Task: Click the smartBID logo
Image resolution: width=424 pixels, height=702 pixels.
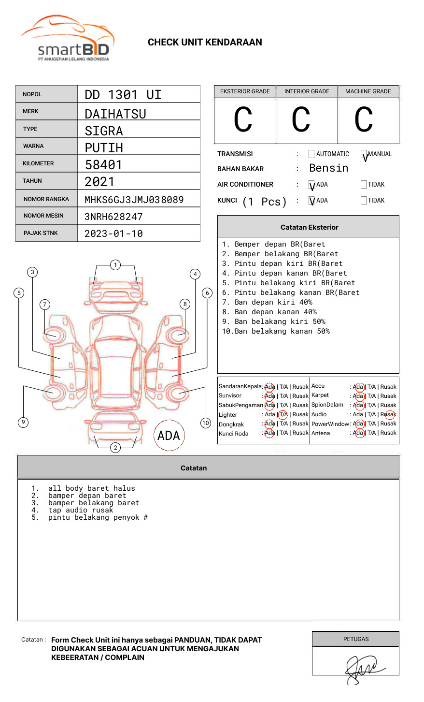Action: pos(68,39)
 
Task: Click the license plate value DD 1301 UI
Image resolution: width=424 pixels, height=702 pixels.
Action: pos(123,95)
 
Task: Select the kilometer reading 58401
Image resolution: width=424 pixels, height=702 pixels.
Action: pos(103,165)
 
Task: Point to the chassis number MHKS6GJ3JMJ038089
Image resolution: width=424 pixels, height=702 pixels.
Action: pos(134,200)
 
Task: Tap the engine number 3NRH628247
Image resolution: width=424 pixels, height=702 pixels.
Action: pos(113,217)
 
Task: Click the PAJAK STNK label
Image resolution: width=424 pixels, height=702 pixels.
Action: pos(41,233)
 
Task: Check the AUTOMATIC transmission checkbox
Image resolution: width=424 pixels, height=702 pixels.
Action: pos(311,154)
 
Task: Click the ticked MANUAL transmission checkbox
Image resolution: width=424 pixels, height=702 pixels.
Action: pos(364,154)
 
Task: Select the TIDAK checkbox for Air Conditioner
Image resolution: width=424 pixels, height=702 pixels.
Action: pos(364,185)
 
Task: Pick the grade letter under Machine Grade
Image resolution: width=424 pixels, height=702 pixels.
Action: pos(364,120)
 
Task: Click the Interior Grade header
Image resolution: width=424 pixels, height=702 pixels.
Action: pos(307,91)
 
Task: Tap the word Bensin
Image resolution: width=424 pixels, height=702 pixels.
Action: pos(328,168)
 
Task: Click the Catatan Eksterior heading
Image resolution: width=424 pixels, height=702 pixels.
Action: pos(309,227)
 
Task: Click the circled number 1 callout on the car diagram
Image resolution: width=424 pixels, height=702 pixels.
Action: pos(115,265)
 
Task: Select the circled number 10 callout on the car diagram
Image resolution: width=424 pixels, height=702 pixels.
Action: pos(206,423)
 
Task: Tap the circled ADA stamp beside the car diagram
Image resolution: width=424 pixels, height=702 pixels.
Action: pos(169,436)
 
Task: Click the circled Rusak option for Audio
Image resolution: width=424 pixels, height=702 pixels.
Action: pos(389,414)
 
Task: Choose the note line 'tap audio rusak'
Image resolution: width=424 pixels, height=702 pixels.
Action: pos(80,510)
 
